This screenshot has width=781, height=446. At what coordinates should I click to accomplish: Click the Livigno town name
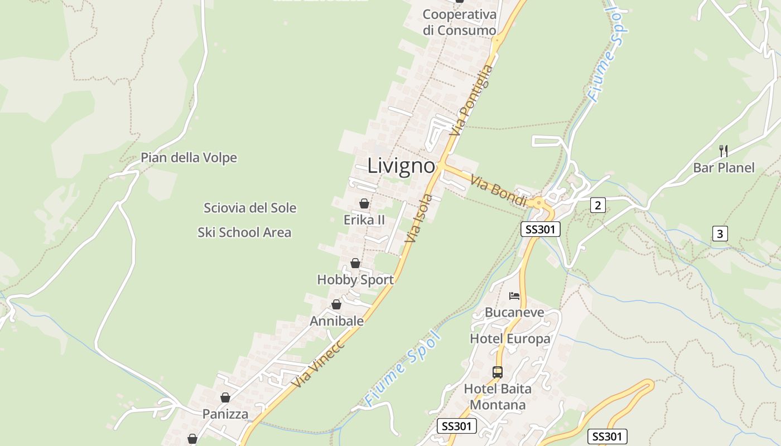coord(401,166)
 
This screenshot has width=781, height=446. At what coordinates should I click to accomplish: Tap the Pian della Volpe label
coord(189,158)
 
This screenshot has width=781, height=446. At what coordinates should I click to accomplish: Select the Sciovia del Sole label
coord(250,208)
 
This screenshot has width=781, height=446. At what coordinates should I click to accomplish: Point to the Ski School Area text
coord(244,232)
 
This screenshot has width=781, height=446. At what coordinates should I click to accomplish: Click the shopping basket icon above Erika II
coord(364,203)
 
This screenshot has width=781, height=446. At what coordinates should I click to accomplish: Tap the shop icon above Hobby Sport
coord(355,263)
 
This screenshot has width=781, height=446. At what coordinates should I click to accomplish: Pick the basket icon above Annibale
coord(336,304)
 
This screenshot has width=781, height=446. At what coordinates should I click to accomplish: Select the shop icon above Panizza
coord(225,397)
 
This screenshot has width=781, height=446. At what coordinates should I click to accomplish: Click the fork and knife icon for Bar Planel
coord(723,151)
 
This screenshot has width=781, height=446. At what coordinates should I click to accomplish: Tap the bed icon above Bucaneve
coord(514,295)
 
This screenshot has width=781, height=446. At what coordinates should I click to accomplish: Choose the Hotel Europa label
coord(510,339)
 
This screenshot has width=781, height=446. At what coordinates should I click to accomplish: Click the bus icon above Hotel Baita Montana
coord(497,372)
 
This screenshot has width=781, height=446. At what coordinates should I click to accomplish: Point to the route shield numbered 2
coord(597,205)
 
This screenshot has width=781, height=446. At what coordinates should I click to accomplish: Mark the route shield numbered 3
coord(720,234)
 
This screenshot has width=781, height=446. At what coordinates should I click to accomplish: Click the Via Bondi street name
coord(498,190)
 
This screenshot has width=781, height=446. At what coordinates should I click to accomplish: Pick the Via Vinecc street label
coord(319,363)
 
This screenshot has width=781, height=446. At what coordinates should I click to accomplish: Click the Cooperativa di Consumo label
coord(459,22)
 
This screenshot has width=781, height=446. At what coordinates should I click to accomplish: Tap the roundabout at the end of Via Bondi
coord(538,202)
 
